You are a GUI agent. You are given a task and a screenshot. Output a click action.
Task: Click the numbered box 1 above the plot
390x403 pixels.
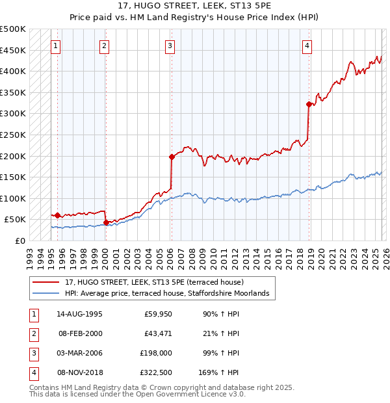[x=57, y=45]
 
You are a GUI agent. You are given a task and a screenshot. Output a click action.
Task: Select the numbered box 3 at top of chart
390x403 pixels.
[x=170, y=45]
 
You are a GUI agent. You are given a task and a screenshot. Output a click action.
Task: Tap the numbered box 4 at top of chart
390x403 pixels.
[x=307, y=45]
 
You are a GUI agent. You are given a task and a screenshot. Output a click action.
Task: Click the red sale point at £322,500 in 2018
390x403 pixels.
[x=309, y=104]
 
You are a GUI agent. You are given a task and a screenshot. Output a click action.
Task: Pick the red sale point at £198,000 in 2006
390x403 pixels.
[x=172, y=157]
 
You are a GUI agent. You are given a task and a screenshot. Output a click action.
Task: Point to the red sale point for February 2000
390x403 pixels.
[x=106, y=222]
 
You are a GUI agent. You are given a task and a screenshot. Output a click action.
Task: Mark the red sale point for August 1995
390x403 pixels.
[x=58, y=215]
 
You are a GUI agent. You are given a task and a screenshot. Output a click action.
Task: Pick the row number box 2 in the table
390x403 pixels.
[x=32, y=333]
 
